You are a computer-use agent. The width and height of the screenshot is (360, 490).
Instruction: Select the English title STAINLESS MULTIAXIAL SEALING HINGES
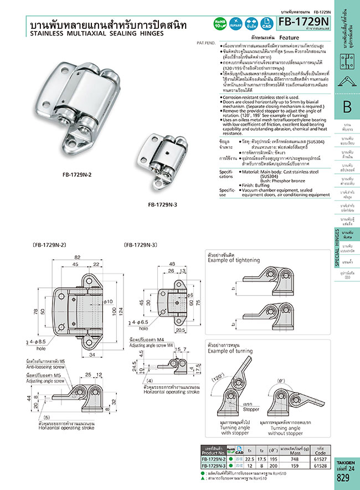click(x=96, y=34)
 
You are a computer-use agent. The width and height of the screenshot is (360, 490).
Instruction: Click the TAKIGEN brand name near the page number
click(x=347, y=460)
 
